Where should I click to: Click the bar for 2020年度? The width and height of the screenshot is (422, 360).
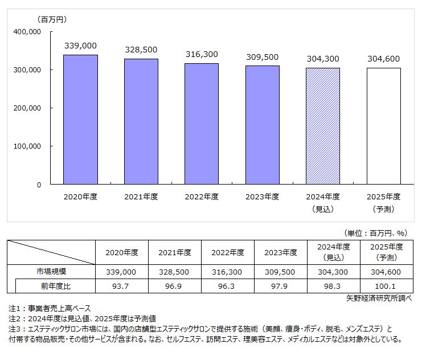tap(80, 120)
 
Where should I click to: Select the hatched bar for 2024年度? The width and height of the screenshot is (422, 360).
tap(323, 126)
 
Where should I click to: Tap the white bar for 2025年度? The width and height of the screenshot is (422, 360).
tap(383, 126)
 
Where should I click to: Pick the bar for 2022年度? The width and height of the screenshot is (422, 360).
tap(202, 124)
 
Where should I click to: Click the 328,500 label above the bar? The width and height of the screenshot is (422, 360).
tap(141, 50)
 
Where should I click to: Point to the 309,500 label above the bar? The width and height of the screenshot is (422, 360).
tap(263, 57)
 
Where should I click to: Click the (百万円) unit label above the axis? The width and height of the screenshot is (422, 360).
tap(52, 19)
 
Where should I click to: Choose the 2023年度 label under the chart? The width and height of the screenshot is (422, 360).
tap(263, 197)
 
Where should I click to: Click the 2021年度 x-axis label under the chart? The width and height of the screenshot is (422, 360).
tap(141, 197)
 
